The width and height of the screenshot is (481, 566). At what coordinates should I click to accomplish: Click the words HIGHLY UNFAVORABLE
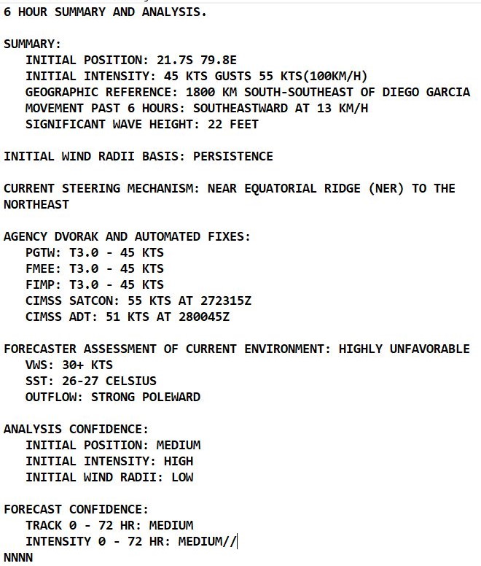(404, 349)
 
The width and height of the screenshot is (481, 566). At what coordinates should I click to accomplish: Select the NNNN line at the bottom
(18, 558)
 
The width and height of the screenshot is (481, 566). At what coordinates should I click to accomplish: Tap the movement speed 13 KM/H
(342, 109)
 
